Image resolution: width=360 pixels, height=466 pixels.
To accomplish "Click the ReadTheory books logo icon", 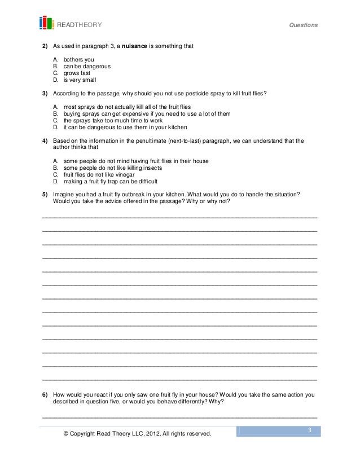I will (46, 23).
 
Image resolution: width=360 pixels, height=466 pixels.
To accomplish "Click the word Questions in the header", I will (303, 25).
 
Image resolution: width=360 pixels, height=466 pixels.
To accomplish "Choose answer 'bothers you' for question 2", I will (78, 59).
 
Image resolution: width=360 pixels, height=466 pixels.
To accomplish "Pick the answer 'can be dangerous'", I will (86, 66).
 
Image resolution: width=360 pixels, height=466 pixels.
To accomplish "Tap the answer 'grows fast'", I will (76, 73).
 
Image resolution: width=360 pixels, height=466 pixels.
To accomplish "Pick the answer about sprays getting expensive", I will (147, 113).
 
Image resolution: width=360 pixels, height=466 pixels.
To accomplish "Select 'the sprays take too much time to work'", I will (113, 120).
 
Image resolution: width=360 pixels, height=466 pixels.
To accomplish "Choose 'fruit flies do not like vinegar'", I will (100, 174).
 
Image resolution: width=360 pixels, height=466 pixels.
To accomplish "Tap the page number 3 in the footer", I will (310, 431).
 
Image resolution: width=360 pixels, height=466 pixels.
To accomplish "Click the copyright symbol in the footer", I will (67, 434).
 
